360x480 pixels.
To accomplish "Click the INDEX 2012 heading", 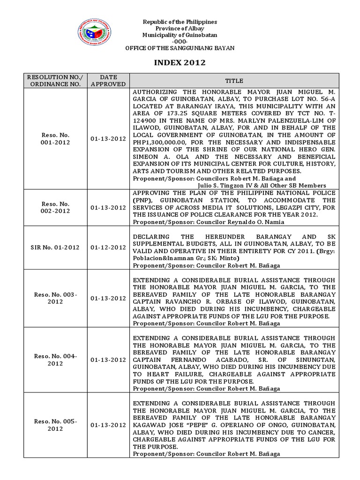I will tap(180, 63).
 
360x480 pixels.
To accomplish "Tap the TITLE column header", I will tap(234, 81).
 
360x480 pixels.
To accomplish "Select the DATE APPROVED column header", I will tap(108, 81).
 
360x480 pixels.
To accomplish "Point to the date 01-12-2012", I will tap(108, 247).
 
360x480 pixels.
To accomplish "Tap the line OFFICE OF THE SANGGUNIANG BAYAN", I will tap(180, 48).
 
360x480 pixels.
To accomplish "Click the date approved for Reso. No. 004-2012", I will tap(108, 360).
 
